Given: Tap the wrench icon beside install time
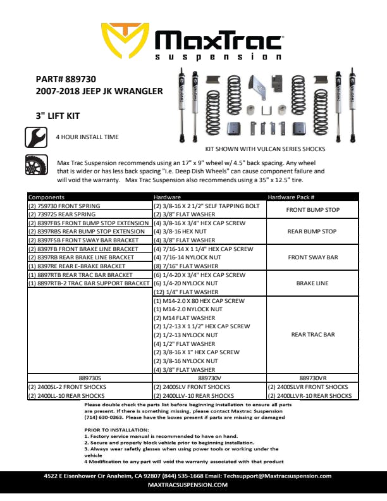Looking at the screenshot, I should (35, 137).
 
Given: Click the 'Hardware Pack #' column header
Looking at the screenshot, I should (292, 197).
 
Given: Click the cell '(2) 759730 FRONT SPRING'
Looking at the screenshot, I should (64, 206).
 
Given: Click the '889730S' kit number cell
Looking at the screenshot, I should (89, 378).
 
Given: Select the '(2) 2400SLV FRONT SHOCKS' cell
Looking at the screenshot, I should (192, 387).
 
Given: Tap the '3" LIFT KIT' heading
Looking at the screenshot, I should (61, 116).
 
